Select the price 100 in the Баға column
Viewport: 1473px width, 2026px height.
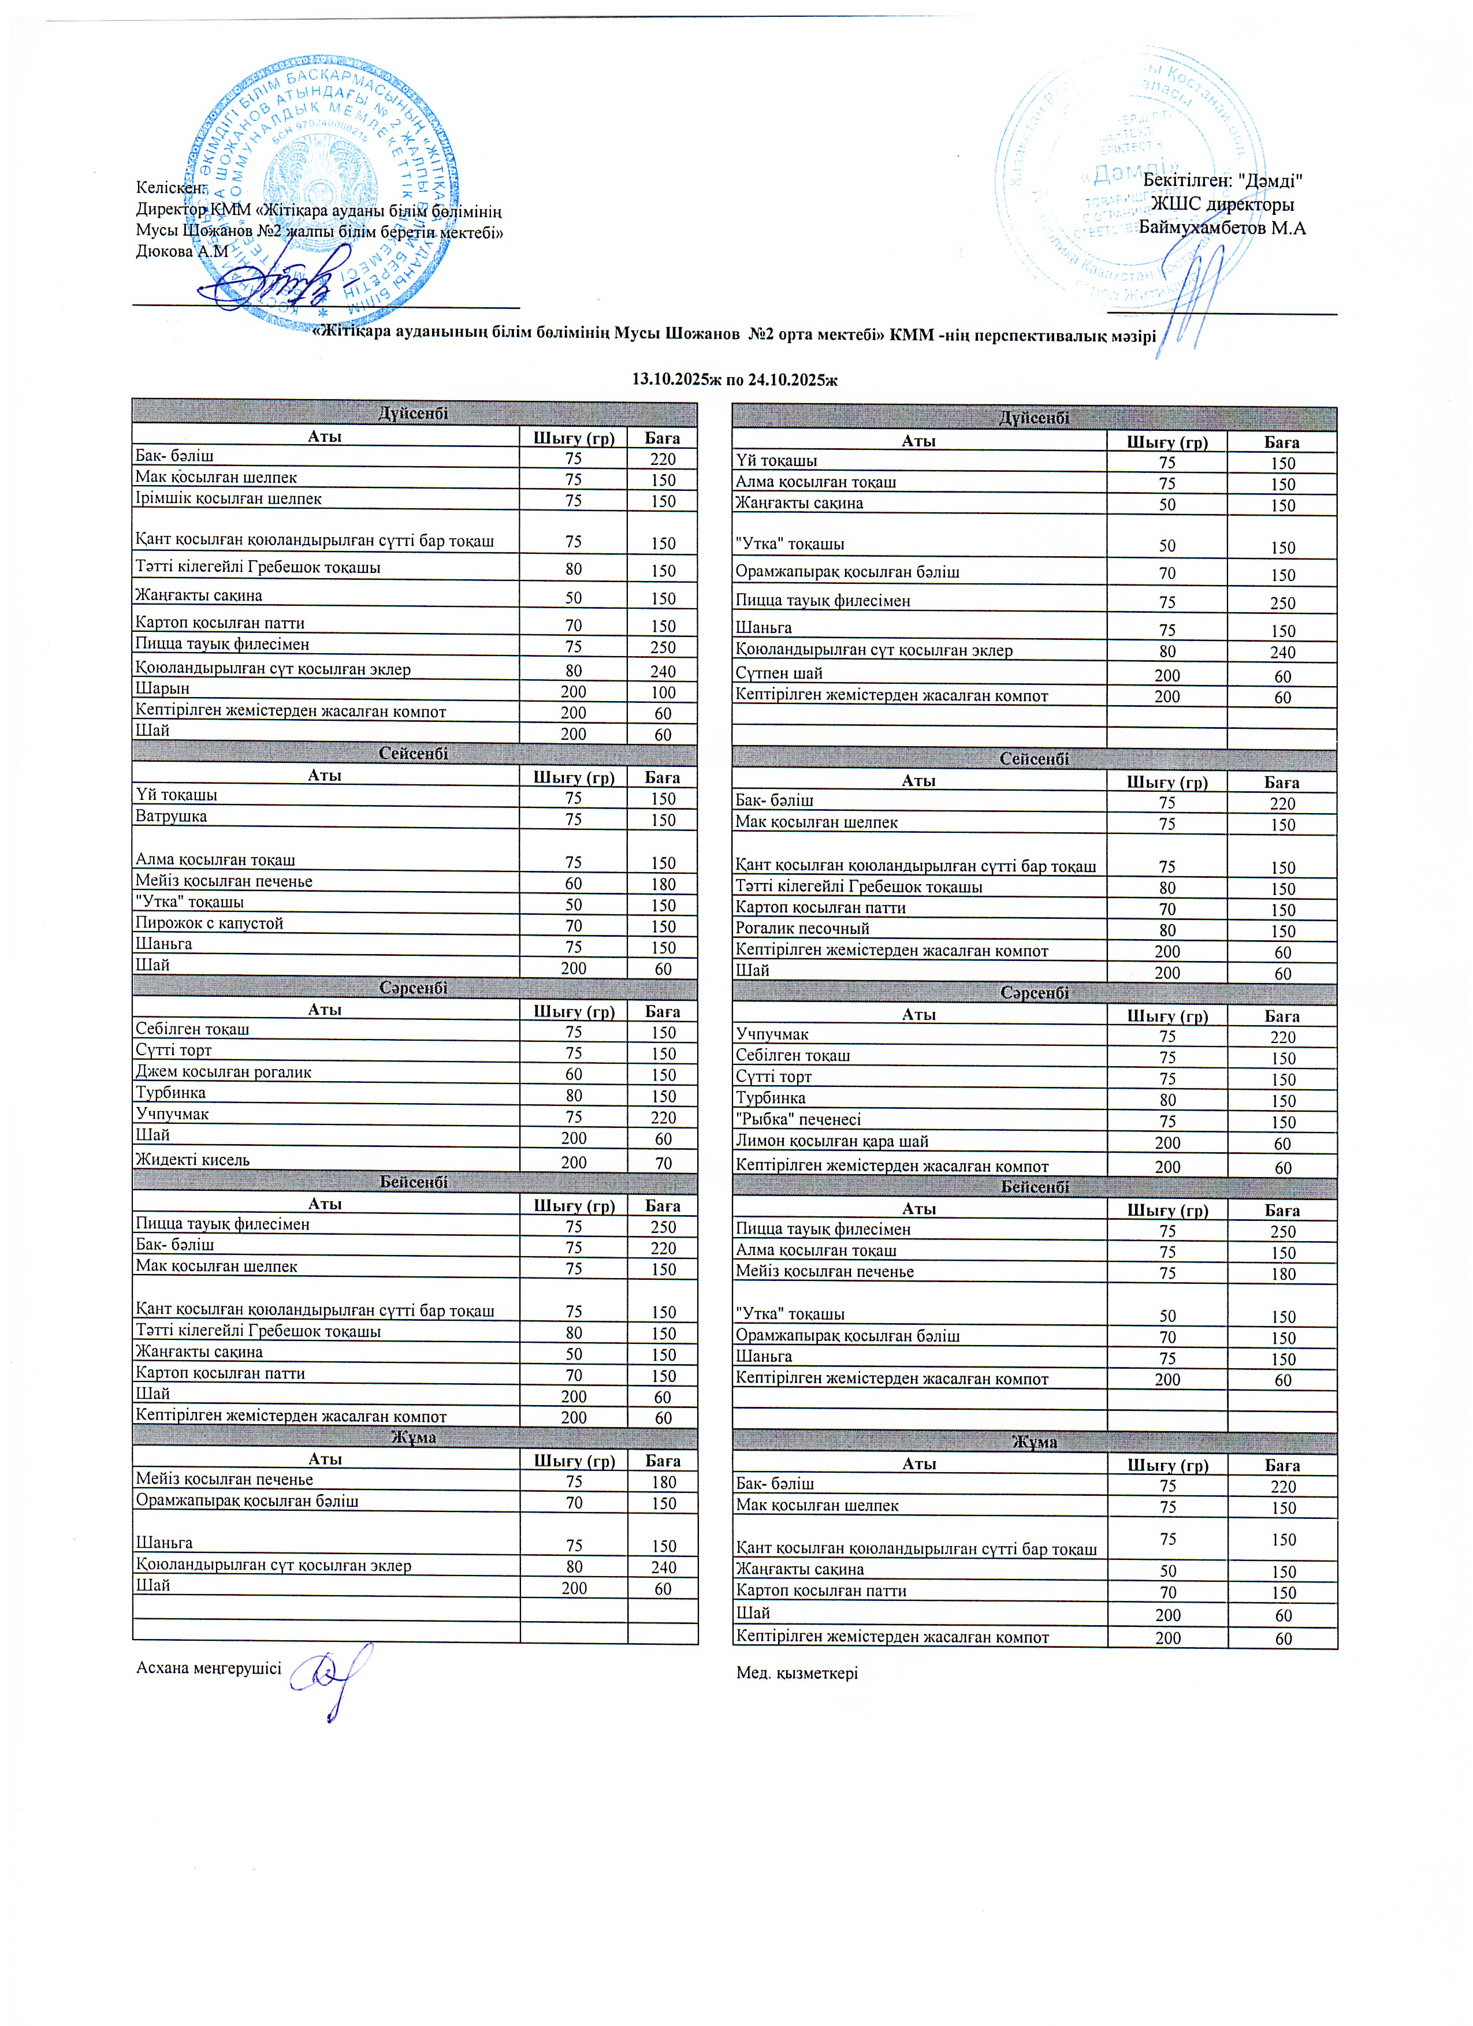coord(662,692)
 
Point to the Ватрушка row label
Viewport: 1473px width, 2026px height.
coord(172,817)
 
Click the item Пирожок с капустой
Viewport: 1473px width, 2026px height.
coord(209,923)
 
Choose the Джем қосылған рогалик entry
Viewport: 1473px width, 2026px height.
coord(224,1072)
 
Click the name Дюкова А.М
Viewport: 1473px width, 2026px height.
coord(182,252)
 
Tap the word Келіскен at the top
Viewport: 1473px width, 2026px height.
coord(170,188)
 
